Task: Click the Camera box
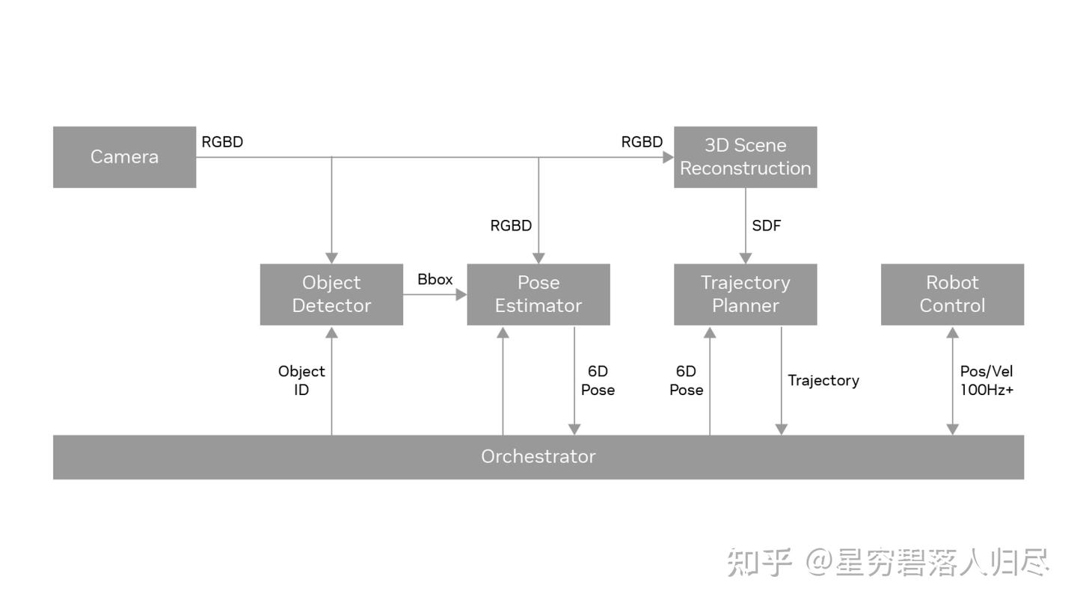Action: pyautogui.click(x=124, y=156)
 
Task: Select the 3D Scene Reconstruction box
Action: pyautogui.click(x=745, y=156)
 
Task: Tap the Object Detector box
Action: pyautogui.click(x=331, y=294)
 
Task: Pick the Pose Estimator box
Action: pyautogui.click(x=538, y=294)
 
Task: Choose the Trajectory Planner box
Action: pyautogui.click(x=745, y=294)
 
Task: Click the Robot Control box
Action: pyautogui.click(x=952, y=294)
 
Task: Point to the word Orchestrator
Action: pyautogui.click(x=538, y=456)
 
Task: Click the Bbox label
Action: pyautogui.click(x=435, y=279)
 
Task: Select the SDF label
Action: pyautogui.click(x=767, y=225)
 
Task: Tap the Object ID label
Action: pyautogui.click(x=301, y=380)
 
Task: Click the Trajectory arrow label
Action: pyautogui.click(x=823, y=380)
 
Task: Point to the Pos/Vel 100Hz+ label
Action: pyautogui.click(x=987, y=380)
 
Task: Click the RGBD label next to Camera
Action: pyautogui.click(x=222, y=141)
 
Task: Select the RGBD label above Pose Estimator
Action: pyautogui.click(x=511, y=225)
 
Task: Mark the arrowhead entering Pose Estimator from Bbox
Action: pyautogui.click(x=461, y=295)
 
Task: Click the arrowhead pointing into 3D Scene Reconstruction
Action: pyautogui.click(x=669, y=157)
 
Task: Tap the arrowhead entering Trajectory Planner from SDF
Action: pyautogui.click(x=745, y=258)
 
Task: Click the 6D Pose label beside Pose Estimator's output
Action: pyautogui.click(x=598, y=380)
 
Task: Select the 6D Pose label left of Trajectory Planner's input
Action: pyautogui.click(x=686, y=380)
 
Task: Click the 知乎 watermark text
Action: pyautogui.click(x=759, y=563)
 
